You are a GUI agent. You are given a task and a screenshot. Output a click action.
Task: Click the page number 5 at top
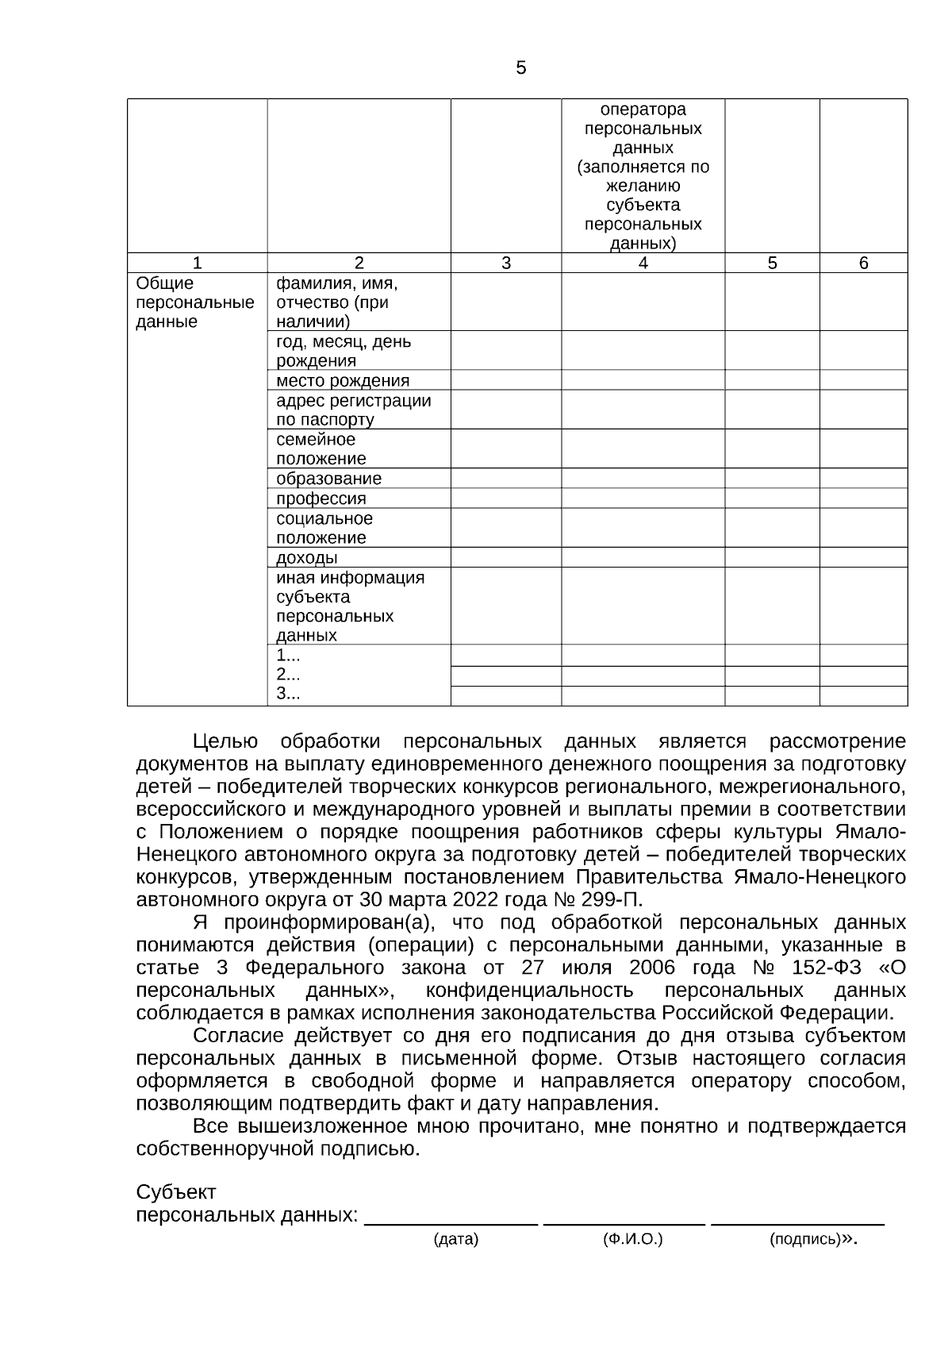[520, 68]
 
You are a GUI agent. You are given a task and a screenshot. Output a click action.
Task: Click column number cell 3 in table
[506, 264]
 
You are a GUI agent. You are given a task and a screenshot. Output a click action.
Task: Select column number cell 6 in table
[863, 264]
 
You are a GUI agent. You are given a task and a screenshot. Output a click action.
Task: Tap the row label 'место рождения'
[343, 380]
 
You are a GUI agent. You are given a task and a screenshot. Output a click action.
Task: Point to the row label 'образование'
[328, 479]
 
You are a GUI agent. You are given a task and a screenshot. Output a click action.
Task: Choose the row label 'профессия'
[321, 498]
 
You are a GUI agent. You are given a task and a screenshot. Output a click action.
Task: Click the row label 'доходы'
[306, 557]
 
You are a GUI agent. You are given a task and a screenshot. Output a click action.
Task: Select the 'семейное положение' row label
[321, 448]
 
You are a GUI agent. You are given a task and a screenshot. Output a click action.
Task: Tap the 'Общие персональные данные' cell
[195, 302]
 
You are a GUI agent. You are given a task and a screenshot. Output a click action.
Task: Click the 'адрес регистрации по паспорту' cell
[353, 410]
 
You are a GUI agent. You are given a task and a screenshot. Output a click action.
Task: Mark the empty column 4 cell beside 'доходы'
[643, 557]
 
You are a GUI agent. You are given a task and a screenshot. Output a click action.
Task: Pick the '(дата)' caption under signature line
[455, 1240]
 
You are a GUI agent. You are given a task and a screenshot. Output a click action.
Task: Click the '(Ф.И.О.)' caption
[633, 1239]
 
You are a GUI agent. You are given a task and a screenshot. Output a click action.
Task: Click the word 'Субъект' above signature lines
[176, 1193]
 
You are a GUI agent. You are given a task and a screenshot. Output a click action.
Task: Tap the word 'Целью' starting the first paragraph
[225, 741]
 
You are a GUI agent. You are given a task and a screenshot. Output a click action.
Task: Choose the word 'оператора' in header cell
[643, 110]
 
